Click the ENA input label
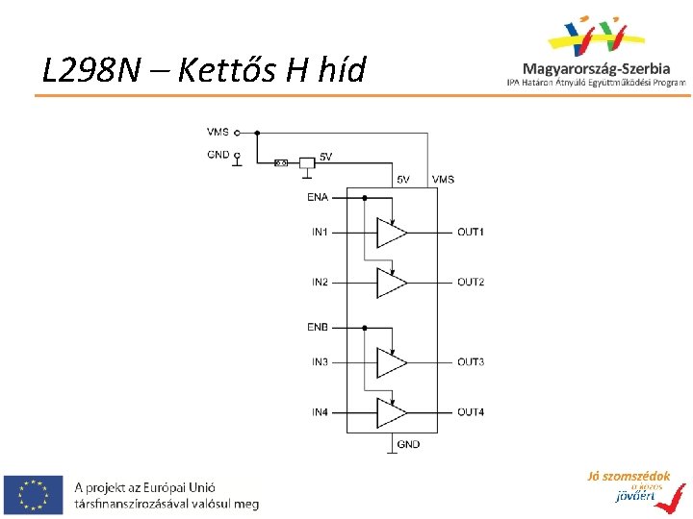318,197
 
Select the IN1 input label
320,232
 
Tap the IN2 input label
320,282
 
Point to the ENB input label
318,327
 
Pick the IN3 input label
320,361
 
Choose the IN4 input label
320,412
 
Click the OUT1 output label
471,232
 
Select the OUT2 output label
471,282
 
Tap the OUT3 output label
471,361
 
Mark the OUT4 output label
471,412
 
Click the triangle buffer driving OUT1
391,233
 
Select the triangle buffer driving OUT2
391,283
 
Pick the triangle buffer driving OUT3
391,362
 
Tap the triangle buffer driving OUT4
391,412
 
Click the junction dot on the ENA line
365,198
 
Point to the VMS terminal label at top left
218,132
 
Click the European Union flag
34,494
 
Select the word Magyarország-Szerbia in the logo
597,68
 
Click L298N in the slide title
91,69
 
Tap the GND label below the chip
408,444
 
